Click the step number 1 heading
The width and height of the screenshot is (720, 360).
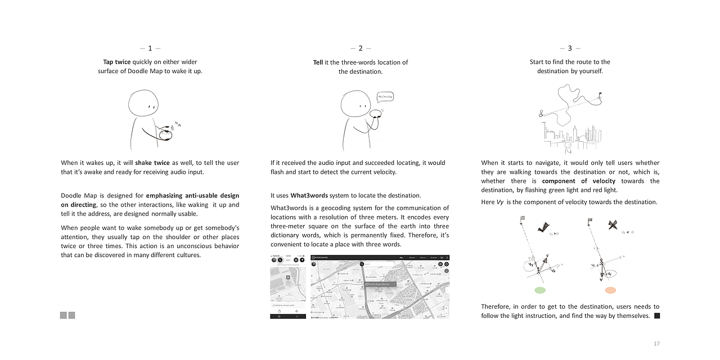tap(150, 48)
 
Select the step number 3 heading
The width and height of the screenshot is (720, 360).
tap(570, 48)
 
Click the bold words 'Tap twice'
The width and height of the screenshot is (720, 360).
tap(116, 62)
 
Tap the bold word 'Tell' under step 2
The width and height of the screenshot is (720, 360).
tap(318, 62)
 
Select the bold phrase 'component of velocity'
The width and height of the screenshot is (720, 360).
tap(578, 181)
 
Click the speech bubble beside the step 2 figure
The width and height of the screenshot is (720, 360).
tap(385, 97)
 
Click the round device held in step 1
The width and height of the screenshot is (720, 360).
tap(165, 134)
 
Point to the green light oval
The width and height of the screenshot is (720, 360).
tap(540, 290)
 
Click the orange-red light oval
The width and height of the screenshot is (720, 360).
tap(610, 290)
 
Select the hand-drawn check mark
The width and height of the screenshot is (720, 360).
tap(543, 227)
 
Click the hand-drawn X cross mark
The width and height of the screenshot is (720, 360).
tap(613, 226)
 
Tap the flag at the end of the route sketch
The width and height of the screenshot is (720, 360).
tap(600, 94)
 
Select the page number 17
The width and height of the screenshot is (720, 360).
tap(656, 344)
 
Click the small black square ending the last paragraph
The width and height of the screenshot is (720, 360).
tap(657, 316)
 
